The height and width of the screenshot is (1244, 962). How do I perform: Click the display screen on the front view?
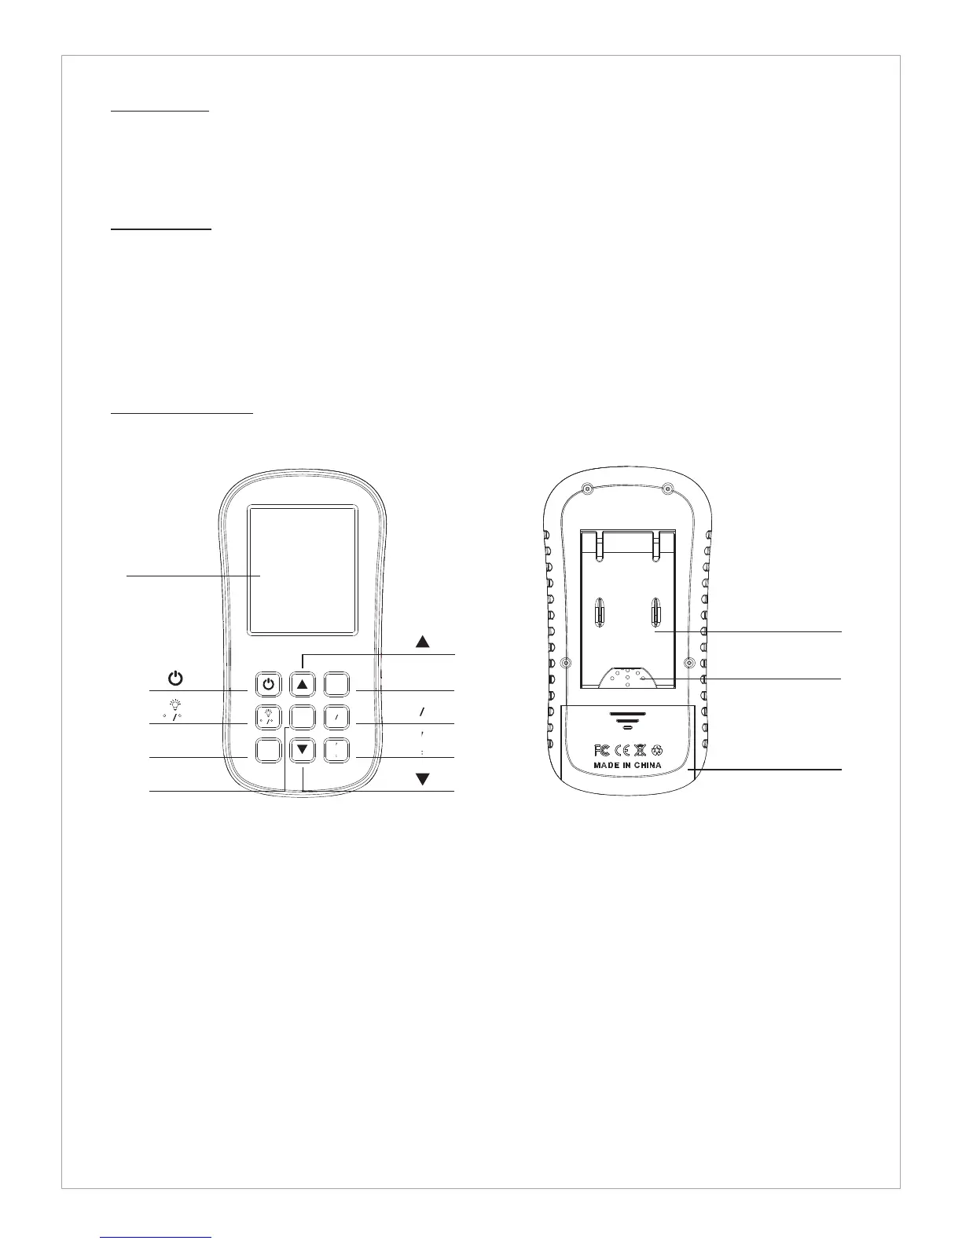(x=303, y=570)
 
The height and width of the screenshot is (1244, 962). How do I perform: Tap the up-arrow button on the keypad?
(x=303, y=684)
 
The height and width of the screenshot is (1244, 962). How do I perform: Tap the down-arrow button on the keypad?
(x=303, y=751)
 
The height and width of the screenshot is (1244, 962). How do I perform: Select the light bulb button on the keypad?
(x=269, y=717)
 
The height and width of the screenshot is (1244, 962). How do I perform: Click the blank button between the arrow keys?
(x=303, y=717)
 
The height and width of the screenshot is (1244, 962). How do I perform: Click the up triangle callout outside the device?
(x=423, y=641)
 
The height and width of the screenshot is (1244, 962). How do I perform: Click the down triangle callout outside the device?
(x=423, y=779)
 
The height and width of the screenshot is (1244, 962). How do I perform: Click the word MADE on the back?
(x=608, y=765)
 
